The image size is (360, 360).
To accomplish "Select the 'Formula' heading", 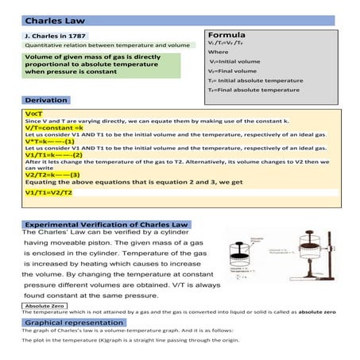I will (226, 36).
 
